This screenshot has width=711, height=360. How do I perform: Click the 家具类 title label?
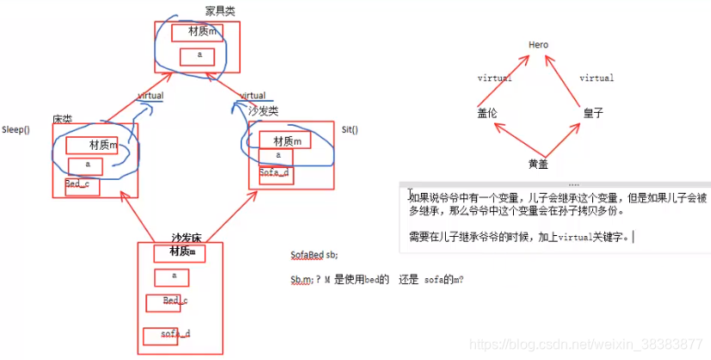[219, 10]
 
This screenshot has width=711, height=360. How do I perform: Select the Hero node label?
[538, 45]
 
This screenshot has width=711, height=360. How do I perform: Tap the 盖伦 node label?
[487, 112]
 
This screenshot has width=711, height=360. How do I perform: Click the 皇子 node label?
[592, 112]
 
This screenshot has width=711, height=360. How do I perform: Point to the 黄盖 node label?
[539, 164]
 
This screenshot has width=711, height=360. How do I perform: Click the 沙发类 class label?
[263, 112]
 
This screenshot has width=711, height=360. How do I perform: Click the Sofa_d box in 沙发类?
[274, 172]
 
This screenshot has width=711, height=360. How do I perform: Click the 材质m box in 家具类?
[196, 32]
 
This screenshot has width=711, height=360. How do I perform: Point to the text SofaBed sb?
[314, 255]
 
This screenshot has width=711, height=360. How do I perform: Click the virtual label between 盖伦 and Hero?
[494, 78]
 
